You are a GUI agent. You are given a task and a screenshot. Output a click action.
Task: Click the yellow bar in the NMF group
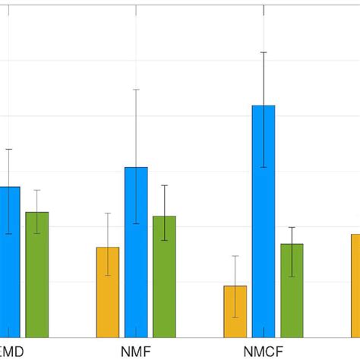click(108, 292)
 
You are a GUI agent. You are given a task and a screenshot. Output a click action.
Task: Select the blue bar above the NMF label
click(136, 252)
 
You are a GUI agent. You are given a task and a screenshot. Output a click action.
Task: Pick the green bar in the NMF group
click(164, 276)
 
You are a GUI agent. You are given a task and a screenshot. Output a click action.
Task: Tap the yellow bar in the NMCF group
click(235, 311)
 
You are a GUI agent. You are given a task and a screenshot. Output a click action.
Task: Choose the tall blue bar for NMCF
click(264, 221)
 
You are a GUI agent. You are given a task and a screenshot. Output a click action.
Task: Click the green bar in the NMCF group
click(292, 290)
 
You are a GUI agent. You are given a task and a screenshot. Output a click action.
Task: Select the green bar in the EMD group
click(36, 274)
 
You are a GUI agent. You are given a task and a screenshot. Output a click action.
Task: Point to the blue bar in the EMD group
click(9, 262)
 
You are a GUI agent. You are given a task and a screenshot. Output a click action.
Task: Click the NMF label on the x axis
click(135, 352)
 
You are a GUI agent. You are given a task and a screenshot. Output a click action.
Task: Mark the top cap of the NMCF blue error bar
click(264, 52)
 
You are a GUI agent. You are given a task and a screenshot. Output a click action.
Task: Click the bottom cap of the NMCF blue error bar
click(264, 167)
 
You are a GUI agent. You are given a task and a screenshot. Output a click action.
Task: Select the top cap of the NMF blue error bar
click(136, 90)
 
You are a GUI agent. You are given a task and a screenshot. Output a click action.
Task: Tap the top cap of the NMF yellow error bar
click(108, 213)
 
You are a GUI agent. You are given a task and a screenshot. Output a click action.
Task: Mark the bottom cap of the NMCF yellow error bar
click(235, 317)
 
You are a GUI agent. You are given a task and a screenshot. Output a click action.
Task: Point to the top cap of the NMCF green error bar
click(292, 227)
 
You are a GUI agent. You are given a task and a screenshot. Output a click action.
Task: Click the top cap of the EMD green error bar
click(36, 190)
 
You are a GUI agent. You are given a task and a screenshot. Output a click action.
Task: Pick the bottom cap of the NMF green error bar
click(164, 241)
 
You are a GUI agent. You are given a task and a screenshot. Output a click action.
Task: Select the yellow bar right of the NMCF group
click(355, 286)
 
